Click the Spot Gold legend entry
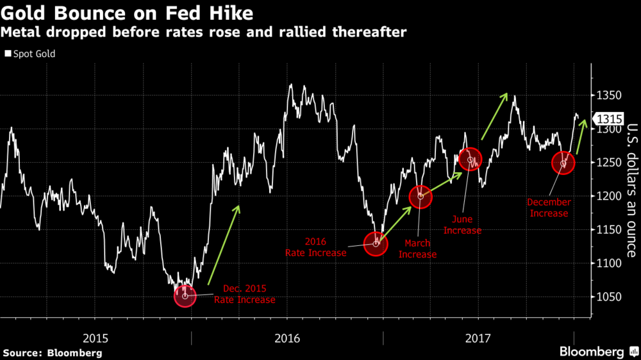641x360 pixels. [30, 54]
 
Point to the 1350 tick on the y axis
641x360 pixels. [608, 96]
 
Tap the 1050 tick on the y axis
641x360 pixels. [608, 297]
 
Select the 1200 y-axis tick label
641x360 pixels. [608, 197]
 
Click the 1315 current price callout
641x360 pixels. [610, 119]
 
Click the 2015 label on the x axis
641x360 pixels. [96, 337]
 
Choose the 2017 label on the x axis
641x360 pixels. [478, 337]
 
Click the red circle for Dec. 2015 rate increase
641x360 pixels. [185, 296]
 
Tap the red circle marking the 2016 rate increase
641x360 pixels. [376, 244]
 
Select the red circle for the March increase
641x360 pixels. [420, 197]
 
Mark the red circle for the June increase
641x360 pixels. [470, 160]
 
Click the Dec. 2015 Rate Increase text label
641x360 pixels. [244, 294]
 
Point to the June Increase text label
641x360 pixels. [462, 225]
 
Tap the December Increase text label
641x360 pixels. [548, 208]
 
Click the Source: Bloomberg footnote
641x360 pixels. [53, 352]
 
